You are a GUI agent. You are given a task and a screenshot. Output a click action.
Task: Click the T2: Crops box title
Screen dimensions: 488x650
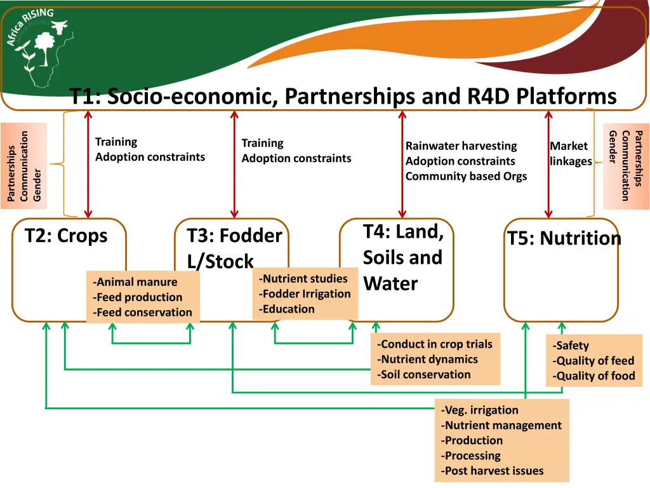tap(66, 236)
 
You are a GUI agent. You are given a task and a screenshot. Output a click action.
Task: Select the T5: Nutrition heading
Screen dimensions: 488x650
tap(564, 238)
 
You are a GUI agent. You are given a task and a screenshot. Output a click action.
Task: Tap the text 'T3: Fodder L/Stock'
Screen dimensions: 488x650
tap(234, 248)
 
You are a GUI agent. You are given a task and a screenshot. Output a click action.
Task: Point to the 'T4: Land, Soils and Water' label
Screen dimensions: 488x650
tap(403, 257)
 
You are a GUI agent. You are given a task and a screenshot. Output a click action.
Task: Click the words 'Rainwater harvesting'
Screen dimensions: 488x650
tap(461, 146)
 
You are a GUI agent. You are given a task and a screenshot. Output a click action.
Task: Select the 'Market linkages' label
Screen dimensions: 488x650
tap(570, 154)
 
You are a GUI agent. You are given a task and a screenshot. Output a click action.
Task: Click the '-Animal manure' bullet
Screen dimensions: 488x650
tap(135, 282)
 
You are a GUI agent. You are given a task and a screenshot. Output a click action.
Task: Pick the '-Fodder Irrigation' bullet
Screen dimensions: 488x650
tap(304, 294)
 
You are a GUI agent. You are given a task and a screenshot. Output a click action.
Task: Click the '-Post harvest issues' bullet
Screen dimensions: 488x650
tap(492, 471)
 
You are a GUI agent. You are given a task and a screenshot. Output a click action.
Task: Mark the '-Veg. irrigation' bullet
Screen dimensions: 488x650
tap(479, 410)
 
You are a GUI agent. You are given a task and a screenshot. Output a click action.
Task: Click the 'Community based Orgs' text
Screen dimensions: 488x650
tap(466, 176)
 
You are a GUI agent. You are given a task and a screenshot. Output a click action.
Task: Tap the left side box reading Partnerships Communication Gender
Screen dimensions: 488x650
tap(24, 166)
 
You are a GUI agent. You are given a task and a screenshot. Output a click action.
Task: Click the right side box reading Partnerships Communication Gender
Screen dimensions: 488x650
tap(626, 166)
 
